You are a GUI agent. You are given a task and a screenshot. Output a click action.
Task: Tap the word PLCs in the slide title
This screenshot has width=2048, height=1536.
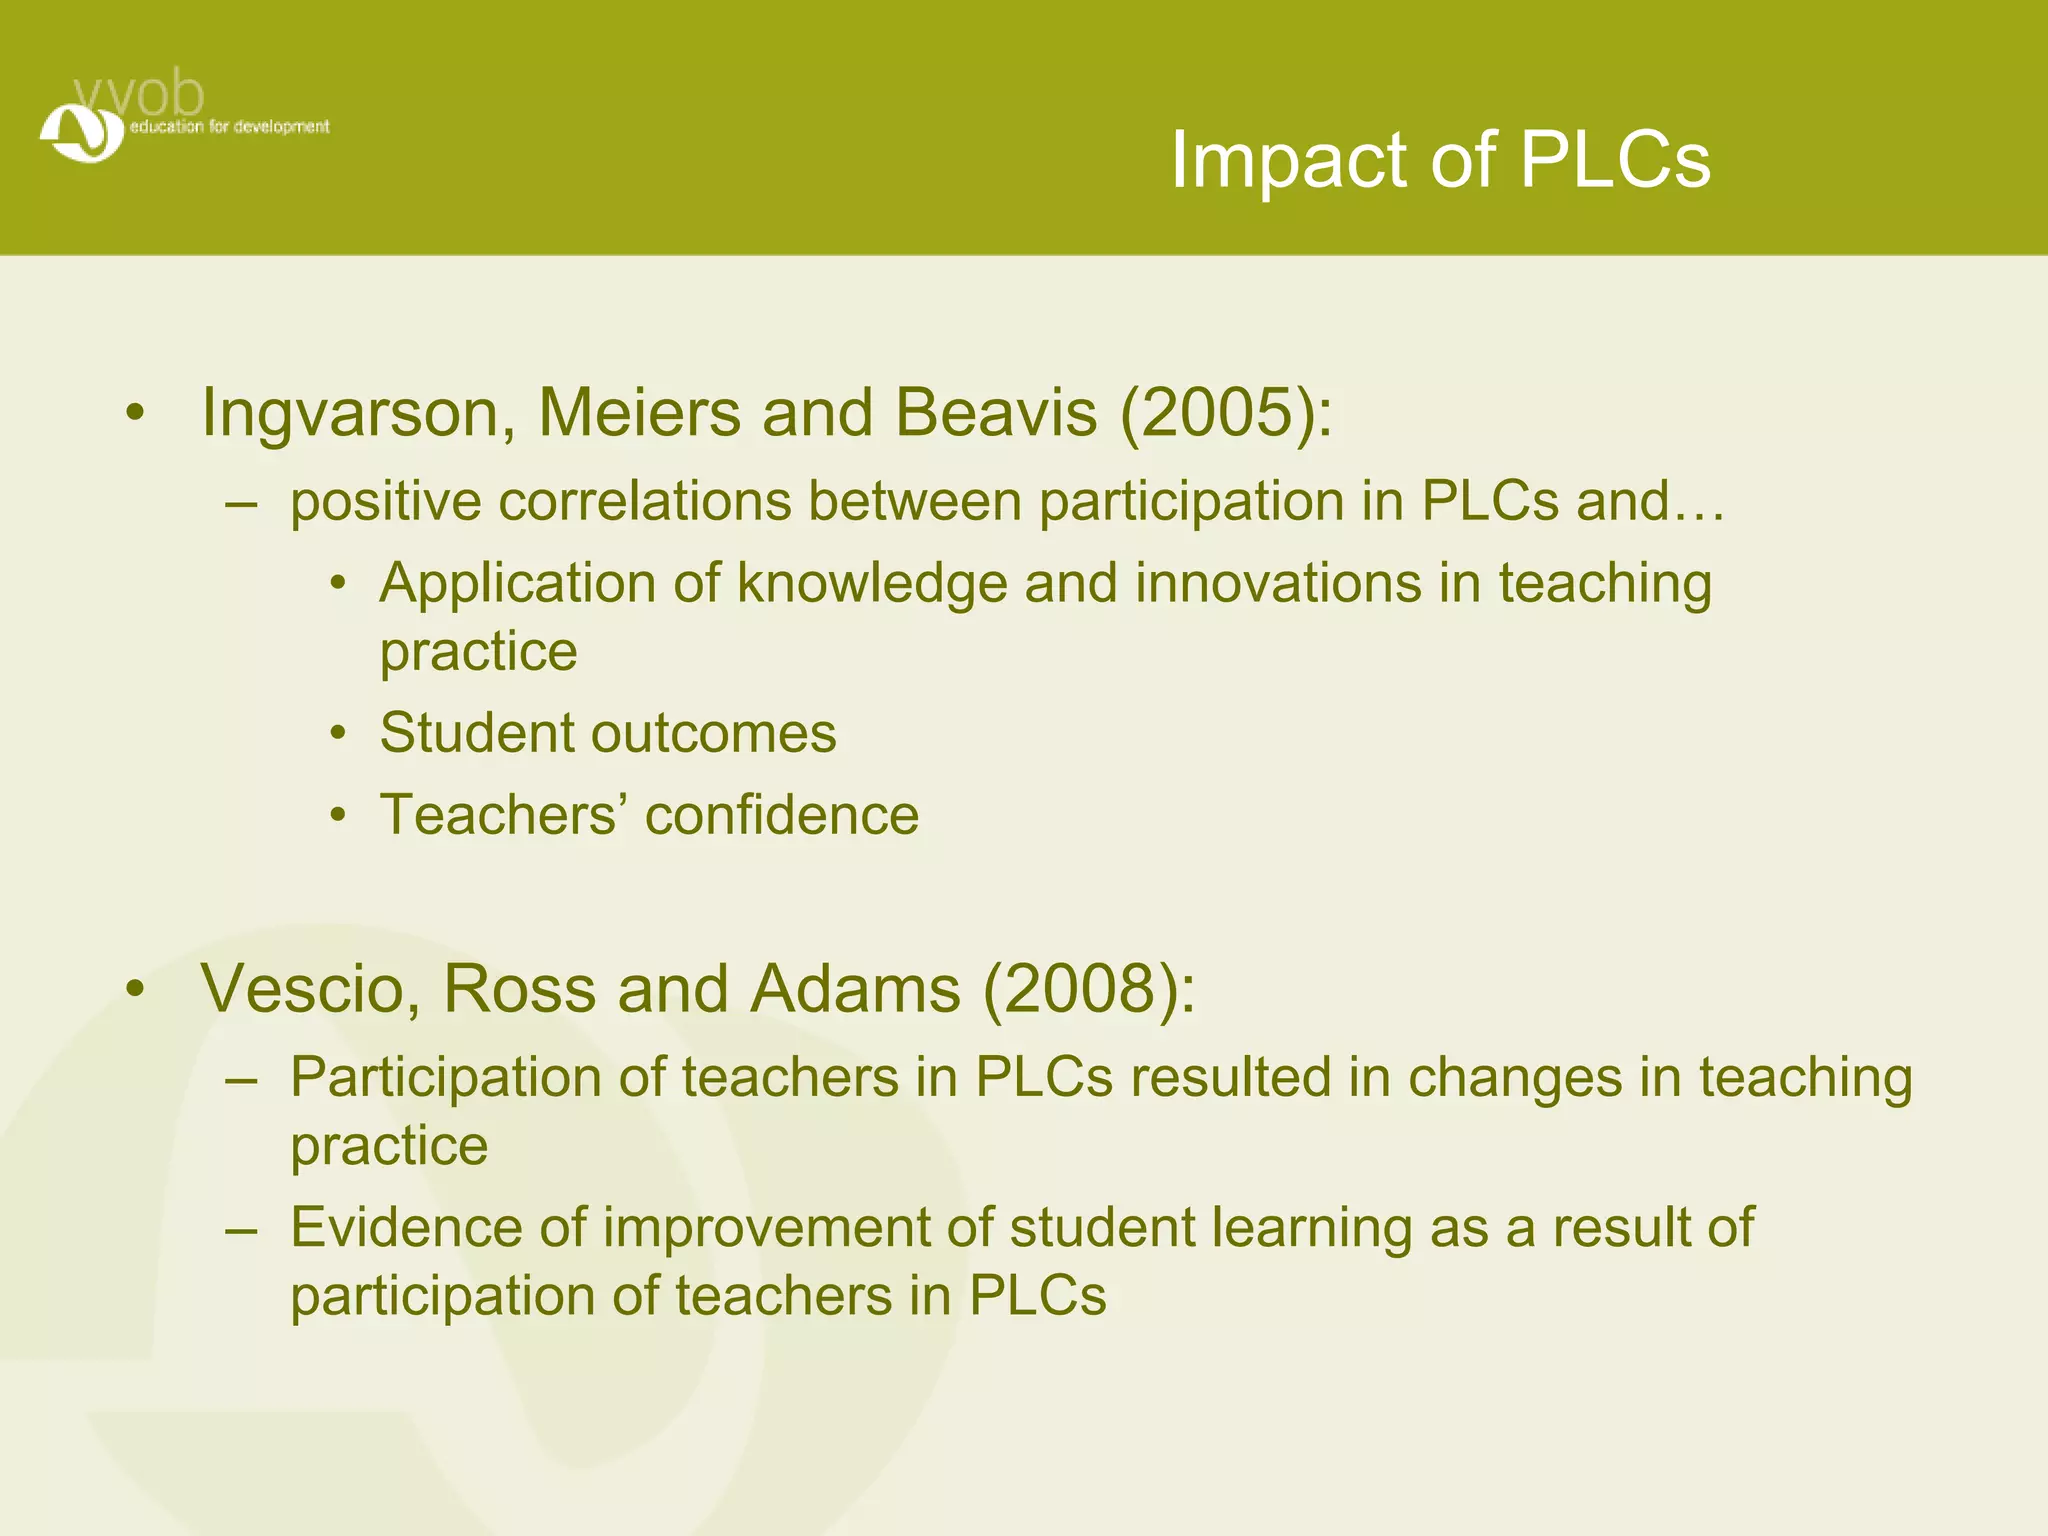coord(1614,160)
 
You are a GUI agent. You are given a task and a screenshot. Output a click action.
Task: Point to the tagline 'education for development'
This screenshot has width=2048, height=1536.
coord(229,127)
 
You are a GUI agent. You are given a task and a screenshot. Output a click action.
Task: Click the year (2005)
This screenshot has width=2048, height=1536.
coord(1226,413)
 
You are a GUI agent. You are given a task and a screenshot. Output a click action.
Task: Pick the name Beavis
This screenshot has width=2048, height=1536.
coord(996,413)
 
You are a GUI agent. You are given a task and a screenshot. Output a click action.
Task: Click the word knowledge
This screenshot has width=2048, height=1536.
coord(872,583)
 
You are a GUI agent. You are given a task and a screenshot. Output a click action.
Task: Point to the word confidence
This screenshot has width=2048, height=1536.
coord(782,815)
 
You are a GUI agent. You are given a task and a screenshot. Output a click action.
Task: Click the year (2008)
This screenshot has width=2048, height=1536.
coord(1089,989)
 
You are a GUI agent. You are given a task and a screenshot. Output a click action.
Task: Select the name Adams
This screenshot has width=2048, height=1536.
coord(856,989)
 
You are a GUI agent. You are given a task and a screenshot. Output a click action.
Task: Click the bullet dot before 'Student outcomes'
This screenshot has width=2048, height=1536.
coord(339,734)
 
